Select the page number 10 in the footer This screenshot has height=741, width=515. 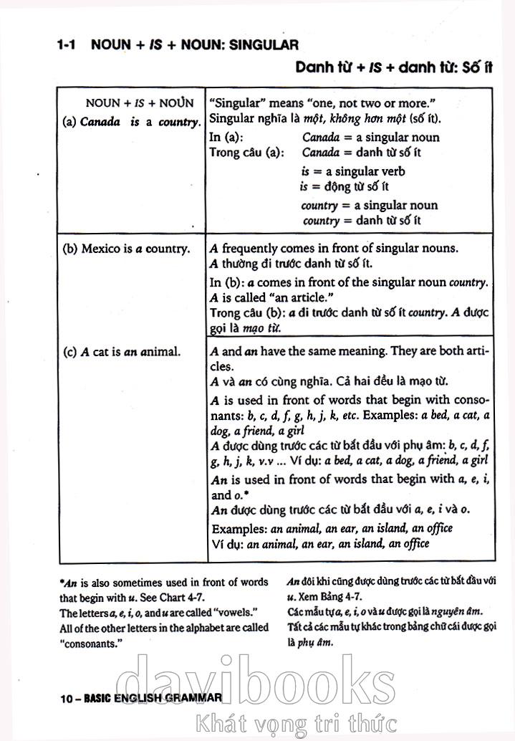coord(67,697)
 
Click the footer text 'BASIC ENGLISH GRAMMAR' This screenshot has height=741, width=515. coord(151,697)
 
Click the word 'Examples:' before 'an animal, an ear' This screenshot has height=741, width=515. coord(240,529)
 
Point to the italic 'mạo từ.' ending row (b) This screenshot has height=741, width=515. coord(259,328)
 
